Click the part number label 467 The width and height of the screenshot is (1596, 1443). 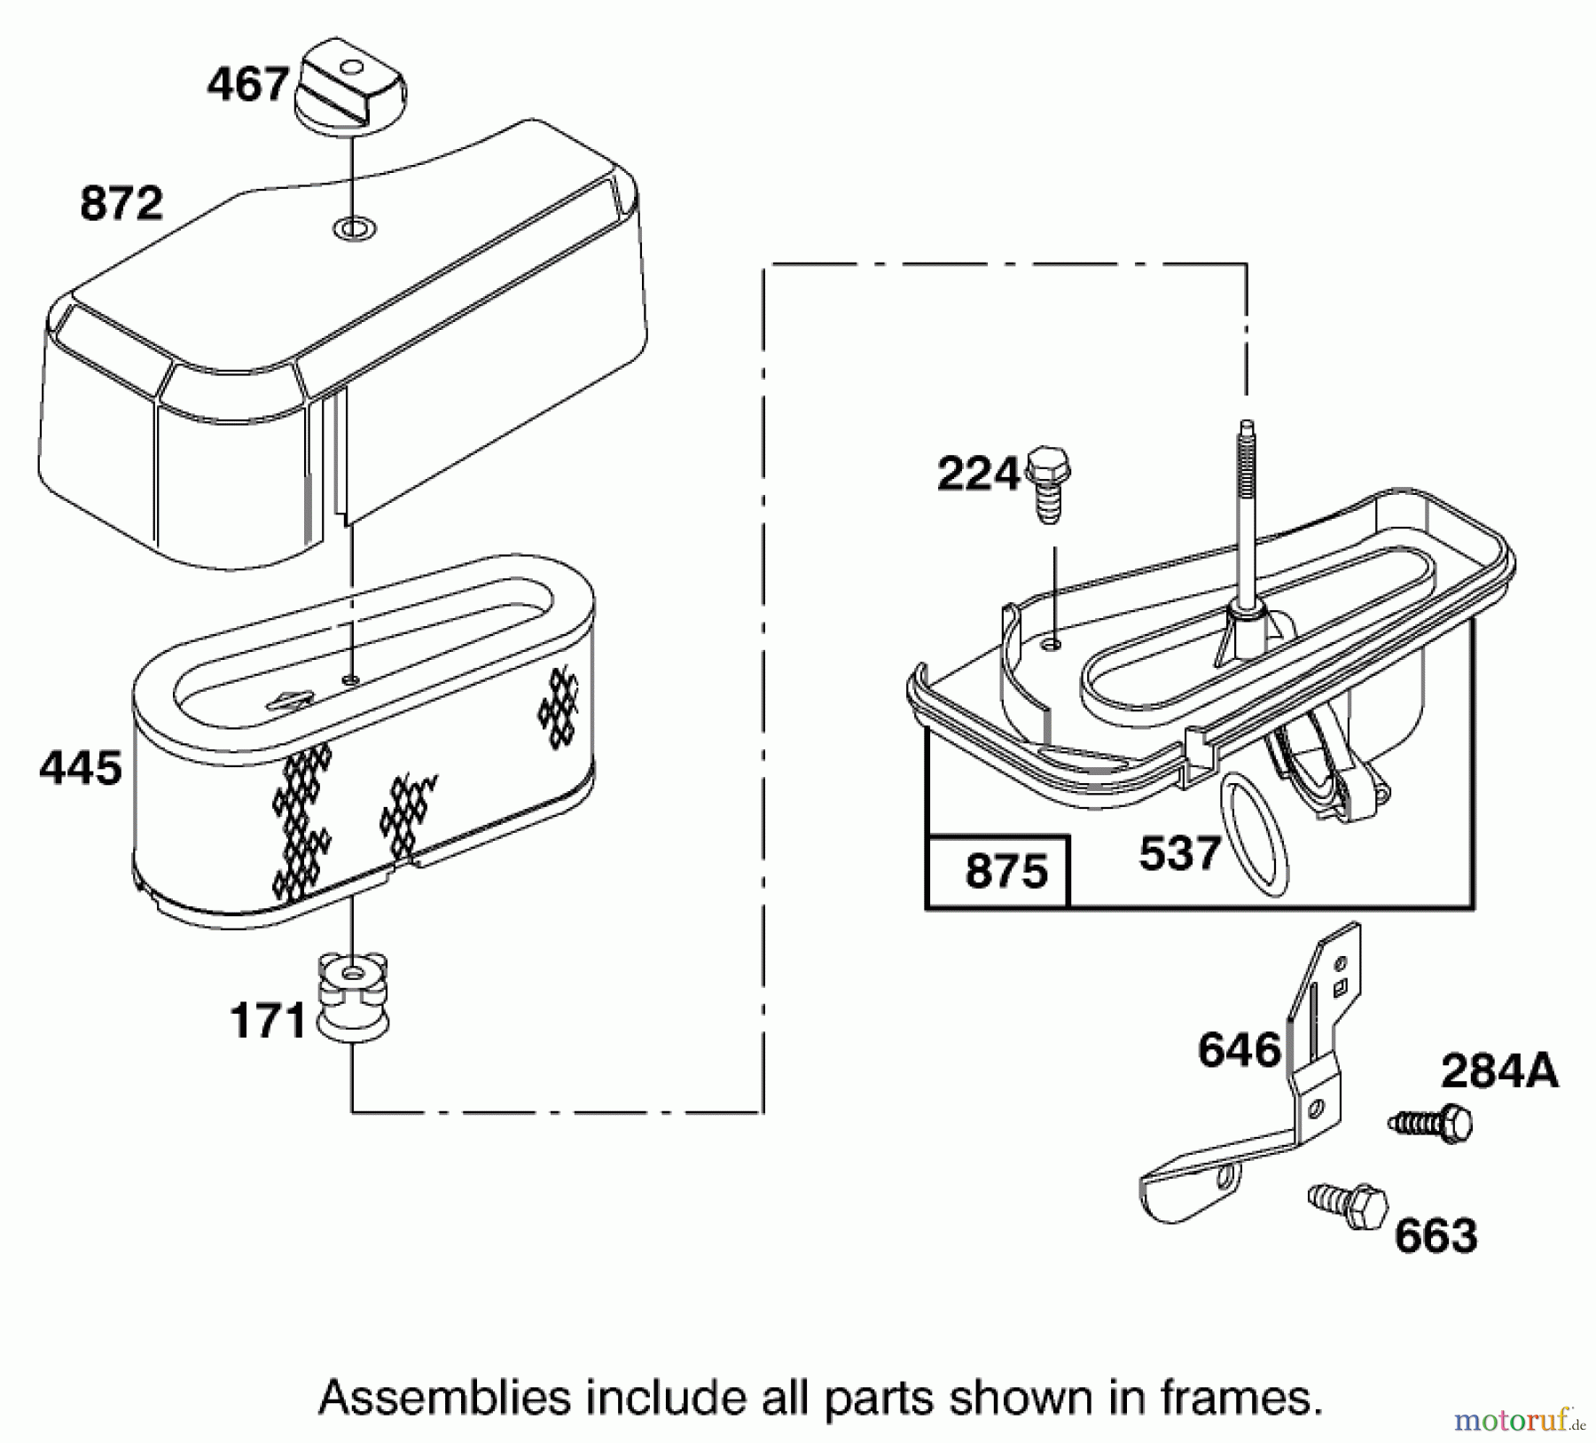click(247, 86)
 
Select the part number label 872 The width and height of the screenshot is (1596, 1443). click(121, 203)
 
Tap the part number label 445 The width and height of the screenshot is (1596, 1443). click(81, 768)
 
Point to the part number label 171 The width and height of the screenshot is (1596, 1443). click(268, 1021)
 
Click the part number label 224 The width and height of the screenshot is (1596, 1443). click(979, 475)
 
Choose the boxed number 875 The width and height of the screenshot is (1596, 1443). click(1006, 872)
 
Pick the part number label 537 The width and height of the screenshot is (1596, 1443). click(1179, 854)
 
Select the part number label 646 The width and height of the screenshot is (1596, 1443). click(1240, 1050)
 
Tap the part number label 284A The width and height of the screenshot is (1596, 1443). click(1498, 1071)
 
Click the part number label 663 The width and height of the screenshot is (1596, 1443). click(1436, 1236)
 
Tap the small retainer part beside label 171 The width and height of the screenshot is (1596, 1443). click(352, 994)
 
